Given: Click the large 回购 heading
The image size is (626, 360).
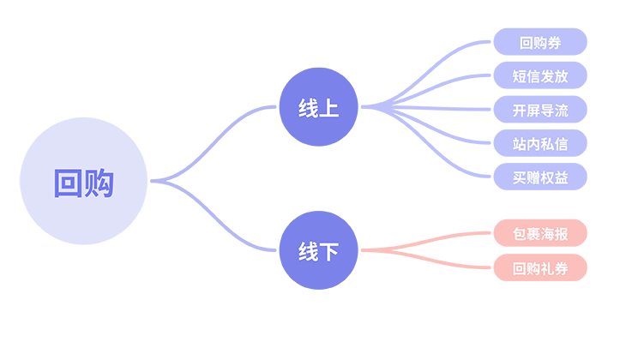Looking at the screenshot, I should tap(83, 183).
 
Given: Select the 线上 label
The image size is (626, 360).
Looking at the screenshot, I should tap(318, 110).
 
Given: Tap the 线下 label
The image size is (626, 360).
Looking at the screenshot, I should tap(318, 252).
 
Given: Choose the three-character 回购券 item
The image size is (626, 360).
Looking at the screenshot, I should tap(540, 43).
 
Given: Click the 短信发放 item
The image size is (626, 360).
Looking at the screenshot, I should tap(540, 76).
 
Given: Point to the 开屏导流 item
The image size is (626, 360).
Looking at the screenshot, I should tap(540, 111).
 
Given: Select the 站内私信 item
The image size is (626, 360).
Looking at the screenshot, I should tap(540, 144).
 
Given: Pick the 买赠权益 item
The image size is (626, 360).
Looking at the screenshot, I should tap(540, 178).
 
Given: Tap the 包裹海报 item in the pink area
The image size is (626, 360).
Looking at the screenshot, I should tap(540, 235).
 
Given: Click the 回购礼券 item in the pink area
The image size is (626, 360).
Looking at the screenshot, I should tap(540, 269).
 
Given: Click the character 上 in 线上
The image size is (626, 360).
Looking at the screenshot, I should tap(328, 110).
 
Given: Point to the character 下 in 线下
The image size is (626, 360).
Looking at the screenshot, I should tap(328, 252).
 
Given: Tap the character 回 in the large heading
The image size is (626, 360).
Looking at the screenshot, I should tap(68, 183).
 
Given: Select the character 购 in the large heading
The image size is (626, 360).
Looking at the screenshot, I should tap(99, 183).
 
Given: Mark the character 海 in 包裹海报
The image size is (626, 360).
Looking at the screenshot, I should tap(547, 235).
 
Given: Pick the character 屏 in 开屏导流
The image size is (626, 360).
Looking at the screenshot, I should tap(533, 111).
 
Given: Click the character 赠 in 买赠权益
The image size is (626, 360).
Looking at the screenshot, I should tap(533, 178).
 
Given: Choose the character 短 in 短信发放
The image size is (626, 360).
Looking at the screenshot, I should tap(520, 76).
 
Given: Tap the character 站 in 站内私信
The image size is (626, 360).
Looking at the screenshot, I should tap(520, 144).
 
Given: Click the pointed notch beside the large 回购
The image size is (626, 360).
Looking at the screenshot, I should tap(153, 181).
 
